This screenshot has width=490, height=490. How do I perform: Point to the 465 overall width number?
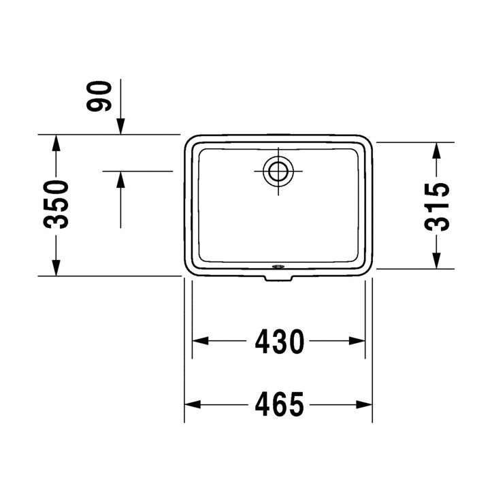279,405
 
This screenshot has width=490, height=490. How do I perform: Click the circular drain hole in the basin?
278,170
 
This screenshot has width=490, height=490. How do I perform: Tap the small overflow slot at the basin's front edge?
277,267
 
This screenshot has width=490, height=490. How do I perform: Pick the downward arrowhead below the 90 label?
120,126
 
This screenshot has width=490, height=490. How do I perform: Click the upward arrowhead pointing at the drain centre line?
120,179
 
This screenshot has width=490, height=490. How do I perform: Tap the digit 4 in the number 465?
261,405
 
